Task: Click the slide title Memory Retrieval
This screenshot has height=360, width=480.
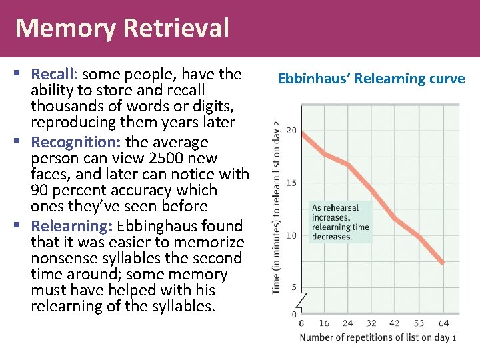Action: pos(122,28)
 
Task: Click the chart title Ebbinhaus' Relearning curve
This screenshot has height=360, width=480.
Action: pos(371,79)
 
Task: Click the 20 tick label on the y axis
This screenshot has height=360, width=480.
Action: pos(291,131)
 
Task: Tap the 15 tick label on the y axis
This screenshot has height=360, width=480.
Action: pos(291,183)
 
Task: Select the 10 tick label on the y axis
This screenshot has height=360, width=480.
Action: pos(291,235)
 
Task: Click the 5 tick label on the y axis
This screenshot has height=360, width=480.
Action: pos(293,287)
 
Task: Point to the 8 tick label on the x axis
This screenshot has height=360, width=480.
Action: pos(301,323)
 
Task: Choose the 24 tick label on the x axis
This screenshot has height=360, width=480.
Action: pos(347,323)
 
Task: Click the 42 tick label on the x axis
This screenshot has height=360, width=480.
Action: pos(395,323)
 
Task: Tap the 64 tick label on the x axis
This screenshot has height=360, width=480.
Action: pos(443,323)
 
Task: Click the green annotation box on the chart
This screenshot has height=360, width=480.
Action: pos(339,222)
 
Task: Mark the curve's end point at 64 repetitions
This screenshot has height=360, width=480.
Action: pos(443,263)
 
